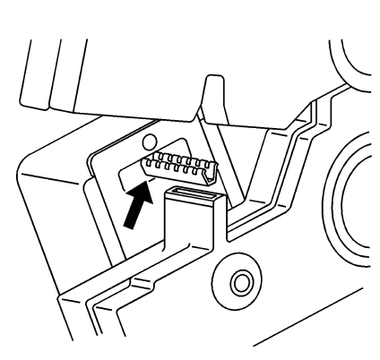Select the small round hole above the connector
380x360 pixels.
(149, 141)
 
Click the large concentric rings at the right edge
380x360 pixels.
(358, 193)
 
